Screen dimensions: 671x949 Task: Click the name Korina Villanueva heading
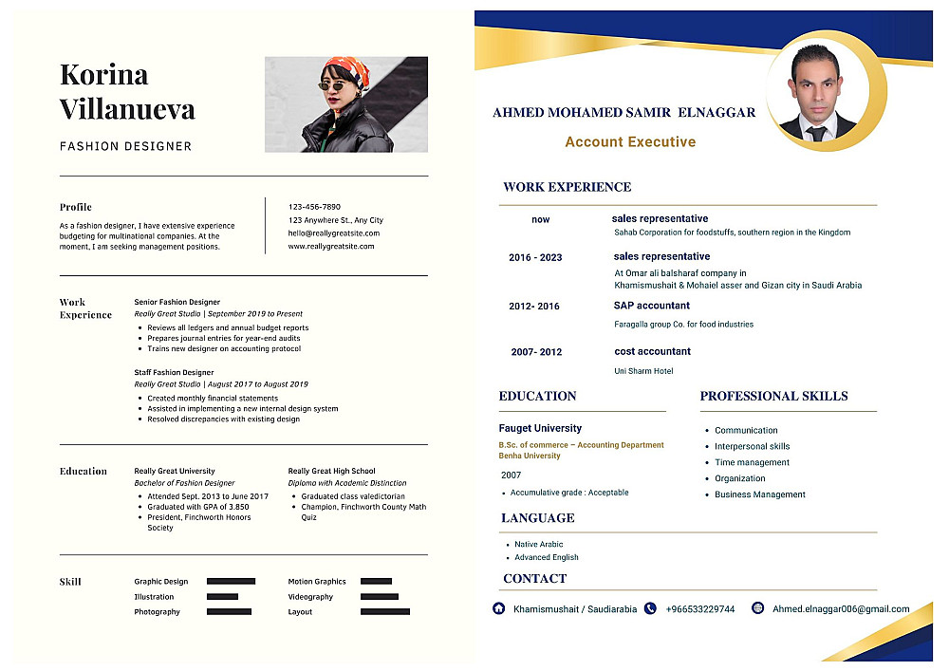tap(127, 91)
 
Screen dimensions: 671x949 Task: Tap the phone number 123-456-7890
tap(314, 207)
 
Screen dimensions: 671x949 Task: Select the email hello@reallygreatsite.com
tap(333, 233)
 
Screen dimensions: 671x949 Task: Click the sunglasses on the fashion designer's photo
tap(331, 86)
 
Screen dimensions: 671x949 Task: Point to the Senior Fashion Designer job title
tap(177, 302)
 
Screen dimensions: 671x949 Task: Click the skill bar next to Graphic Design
tap(231, 581)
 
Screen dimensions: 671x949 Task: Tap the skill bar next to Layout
tap(385, 612)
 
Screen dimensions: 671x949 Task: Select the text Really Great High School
tap(331, 471)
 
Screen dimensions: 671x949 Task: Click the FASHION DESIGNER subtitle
tap(125, 146)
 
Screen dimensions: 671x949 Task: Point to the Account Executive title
tap(630, 142)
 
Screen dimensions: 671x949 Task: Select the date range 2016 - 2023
tap(535, 258)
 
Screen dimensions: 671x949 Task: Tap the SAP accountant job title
tap(651, 306)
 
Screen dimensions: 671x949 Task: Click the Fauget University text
tap(540, 428)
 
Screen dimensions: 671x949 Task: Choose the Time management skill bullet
tap(752, 462)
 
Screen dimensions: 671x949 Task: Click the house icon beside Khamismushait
tap(498, 608)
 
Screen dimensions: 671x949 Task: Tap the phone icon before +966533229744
tap(650, 608)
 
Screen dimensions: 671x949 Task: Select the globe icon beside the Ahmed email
tap(757, 608)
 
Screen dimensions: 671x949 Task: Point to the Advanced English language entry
tap(546, 557)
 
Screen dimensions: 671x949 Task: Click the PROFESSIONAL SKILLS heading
tap(773, 396)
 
